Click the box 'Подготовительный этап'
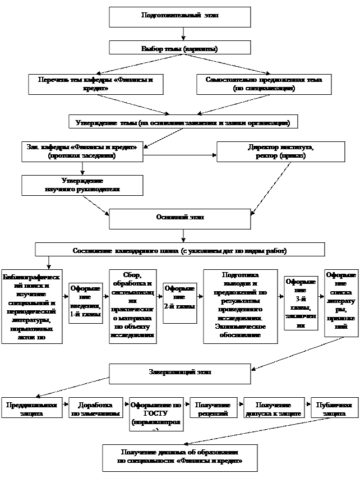tap(179, 16)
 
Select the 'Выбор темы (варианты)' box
tap(179, 49)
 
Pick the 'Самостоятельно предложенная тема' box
tap(263, 84)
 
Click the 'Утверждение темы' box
tap(183, 122)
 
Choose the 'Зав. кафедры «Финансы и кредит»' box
tap(82, 151)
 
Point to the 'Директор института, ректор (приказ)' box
tap(280, 151)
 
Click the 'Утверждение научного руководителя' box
tap(82, 185)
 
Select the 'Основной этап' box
tap(179, 217)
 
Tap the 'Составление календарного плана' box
tap(179, 250)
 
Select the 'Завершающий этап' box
tap(179, 372)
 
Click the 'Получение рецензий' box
tap(213, 408)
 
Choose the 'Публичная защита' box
tap(334, 408)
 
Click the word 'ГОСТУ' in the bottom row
tap(156, 413)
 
